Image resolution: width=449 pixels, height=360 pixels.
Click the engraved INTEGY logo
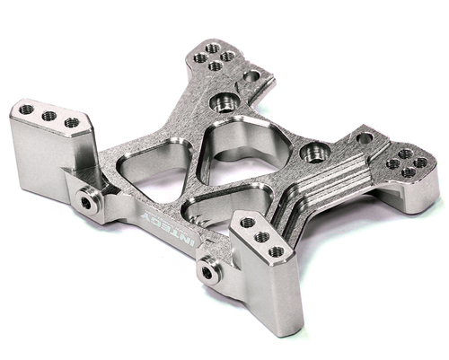(170, 229)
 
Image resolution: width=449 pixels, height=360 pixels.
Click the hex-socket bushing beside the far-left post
(87, 201)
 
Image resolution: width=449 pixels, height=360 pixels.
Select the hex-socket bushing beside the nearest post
(209, 271)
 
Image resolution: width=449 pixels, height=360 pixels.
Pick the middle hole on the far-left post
(49, 116)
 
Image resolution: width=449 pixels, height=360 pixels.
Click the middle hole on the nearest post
(262, 237)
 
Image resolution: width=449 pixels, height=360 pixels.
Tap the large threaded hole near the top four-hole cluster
(224, 102)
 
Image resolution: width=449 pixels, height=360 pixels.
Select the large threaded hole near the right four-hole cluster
(315, 153)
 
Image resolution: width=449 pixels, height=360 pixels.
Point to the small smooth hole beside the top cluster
(251, 76)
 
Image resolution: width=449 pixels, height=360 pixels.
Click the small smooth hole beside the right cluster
(365, 138)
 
